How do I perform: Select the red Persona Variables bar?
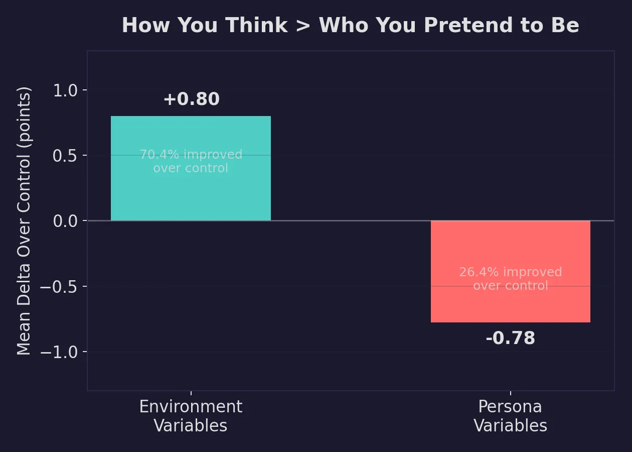(x=510, y=306)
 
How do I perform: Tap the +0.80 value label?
(x=191, y=99)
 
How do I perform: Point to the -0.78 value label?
(x=510, y=338)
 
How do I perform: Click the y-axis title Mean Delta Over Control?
(x=24, y=221)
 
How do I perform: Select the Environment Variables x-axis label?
(x=191, y=416)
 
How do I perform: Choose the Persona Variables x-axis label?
(x=510, y=416)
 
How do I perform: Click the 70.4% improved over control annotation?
(x=191, y=161)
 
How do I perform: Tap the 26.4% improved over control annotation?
(x=510, y=279)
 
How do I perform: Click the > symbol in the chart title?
(x=303, y=26)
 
